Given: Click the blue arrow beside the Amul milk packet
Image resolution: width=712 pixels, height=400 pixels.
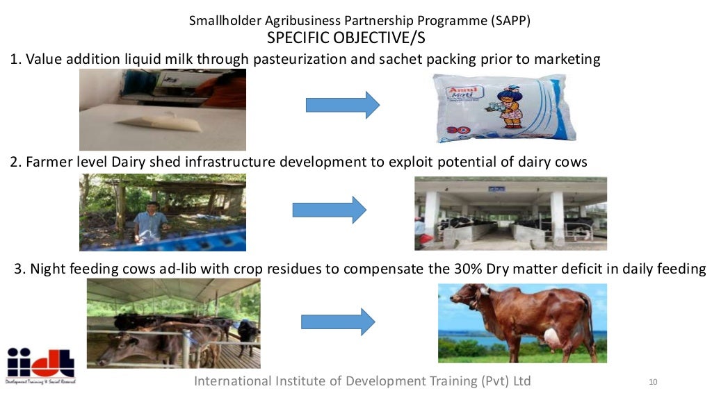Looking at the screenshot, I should click(343, 105).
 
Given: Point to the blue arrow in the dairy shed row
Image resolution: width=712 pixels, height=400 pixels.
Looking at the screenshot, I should click(329, 210).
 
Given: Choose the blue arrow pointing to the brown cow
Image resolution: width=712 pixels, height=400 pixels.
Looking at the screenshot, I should click(338, 322).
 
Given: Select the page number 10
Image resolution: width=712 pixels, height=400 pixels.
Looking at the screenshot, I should click(652, 382).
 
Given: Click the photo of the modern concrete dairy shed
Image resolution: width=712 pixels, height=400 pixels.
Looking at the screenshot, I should click(510, 213).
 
